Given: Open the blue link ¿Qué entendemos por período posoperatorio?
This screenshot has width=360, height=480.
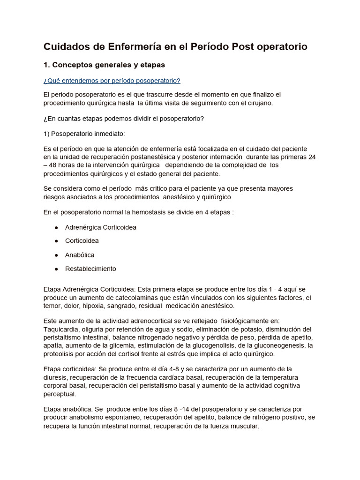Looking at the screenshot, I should pyautogui.click(x=112, y=81).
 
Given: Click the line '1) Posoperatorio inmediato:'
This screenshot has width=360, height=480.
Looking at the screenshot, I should pyautogui.click(x=84, y=134).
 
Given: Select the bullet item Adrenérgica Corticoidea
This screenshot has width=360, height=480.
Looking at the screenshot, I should pyautogui.click(x=100, y=227).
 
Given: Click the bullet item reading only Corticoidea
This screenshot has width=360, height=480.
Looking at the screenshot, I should pyautogui.click(x=82, y=241).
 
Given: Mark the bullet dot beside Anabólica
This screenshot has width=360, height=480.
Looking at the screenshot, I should pyautogui.click(x=56, y=255).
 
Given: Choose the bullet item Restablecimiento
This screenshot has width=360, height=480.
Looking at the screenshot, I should pyautogui.click(x=90, y=269).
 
